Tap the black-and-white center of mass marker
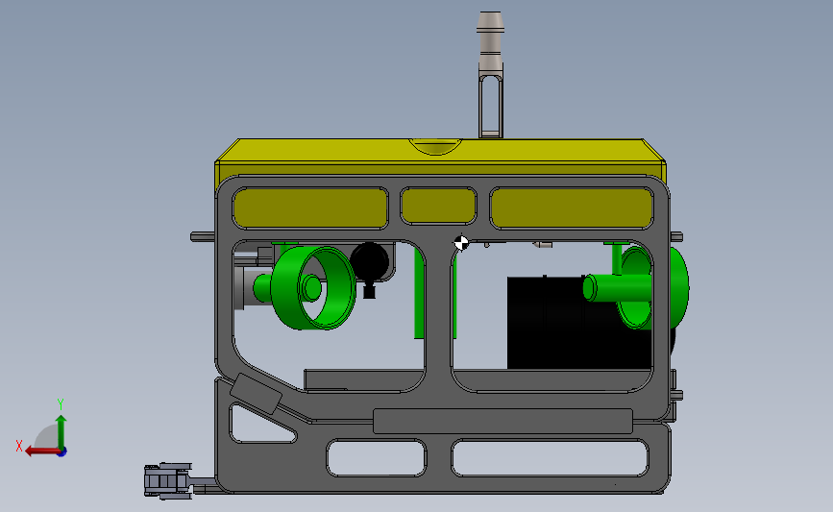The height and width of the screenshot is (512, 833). tap(461, 243)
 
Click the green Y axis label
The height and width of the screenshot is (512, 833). tap(61, 404)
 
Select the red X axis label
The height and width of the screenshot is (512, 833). tap(19, 446)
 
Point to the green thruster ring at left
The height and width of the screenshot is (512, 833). tap(313, 287)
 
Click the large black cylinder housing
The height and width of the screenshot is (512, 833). tap(579, 323)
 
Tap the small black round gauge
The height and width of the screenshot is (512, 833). tap(370, 261)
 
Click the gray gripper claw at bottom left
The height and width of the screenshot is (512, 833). tap(168, 481)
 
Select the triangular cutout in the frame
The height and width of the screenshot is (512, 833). tap(260, 425)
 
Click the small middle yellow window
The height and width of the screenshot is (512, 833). tap(438, 206)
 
